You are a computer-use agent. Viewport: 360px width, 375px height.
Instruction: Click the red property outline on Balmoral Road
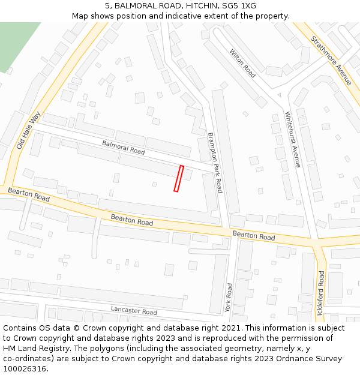(x=178, y=178)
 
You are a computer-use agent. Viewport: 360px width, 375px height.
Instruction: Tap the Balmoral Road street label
(x=123, y=148)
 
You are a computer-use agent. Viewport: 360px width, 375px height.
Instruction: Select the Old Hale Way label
(x=28, y=130)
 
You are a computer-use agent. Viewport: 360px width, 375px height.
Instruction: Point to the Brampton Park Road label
(x=215, y=163)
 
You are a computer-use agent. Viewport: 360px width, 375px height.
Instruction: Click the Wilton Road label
(x=242, y=63)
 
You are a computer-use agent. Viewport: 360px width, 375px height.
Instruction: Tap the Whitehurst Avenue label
(x=292, y=139)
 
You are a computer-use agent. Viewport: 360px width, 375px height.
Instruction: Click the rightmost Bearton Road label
(x=253, y=236)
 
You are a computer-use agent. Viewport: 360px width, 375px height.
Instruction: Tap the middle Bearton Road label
(x=132, y=220)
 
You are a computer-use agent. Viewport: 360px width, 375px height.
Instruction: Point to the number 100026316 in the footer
(x=25, y=368)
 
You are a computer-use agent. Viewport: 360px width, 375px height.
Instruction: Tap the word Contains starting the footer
(x=20, y=328)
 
